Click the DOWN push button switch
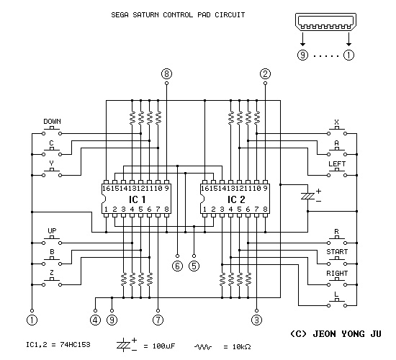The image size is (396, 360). [52, 131]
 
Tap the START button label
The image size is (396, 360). [337, 252]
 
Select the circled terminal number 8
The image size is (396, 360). [166, 73]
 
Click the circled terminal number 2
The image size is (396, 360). [265, 73]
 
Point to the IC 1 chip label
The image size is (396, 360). [138, 199]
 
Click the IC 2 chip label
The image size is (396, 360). [236, 199]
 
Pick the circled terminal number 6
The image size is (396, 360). [177, 266]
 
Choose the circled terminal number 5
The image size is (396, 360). [194, 266]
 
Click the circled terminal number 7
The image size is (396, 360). [158, 320]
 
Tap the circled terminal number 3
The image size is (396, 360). [256, 320]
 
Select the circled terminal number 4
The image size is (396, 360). [95, 320]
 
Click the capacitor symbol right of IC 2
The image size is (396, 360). [308, 196]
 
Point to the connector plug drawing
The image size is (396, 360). [325, 22]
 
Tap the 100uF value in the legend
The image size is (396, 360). [163, 346]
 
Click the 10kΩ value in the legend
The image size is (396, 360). [241, 346]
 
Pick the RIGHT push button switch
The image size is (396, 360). [337, 282]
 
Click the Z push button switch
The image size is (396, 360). [52, 282]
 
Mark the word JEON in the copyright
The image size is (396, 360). [325, 334]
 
